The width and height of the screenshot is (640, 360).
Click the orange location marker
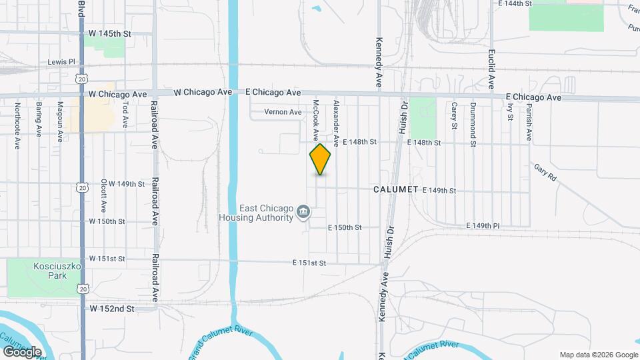[x=321, y=159]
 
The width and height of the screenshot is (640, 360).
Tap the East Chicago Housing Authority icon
[x=303, y=212]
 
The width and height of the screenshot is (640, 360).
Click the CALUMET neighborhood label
[x=395, y=189]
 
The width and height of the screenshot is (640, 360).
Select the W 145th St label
[x=110, y=33]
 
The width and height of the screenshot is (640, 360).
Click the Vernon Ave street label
[x=283, y=112]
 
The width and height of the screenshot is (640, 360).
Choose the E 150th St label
[x=345, y=227]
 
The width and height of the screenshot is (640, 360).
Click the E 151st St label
[x=309, y=263]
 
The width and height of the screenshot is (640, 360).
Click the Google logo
[x=22, y=352]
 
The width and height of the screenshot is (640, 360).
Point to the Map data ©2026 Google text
[x=598, y=355]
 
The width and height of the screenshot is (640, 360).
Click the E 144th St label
[x=515, y=3]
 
